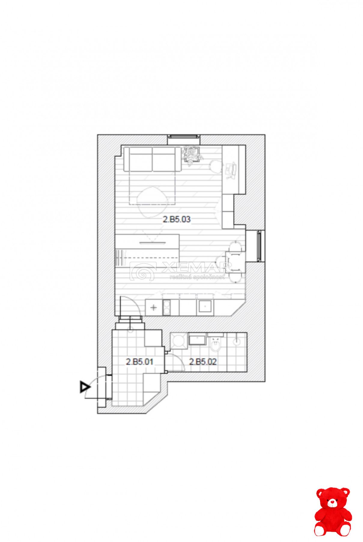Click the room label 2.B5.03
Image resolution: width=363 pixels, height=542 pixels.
177,219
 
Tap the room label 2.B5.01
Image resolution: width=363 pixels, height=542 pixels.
139,362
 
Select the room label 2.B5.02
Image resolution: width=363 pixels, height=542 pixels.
203,362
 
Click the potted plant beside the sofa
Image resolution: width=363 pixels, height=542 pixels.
192,155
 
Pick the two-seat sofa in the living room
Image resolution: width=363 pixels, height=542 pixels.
152,159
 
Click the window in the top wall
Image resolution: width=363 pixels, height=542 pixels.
183,137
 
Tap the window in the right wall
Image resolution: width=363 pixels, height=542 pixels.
259,245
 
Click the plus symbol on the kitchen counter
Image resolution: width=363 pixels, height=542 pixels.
153,307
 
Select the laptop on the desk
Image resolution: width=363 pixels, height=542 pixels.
230,170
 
